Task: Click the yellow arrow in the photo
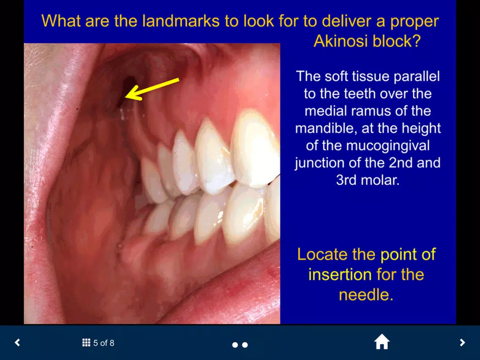[152, 89]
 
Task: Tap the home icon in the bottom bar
[382, 342]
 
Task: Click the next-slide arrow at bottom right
[462, 343]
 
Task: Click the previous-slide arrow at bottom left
[17, 343]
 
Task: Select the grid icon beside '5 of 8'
[86, 343]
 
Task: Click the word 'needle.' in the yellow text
[366, 295]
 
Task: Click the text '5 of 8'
[104, 343]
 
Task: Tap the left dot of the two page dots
[235, 345]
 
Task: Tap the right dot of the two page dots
[245, 345]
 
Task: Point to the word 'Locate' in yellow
[322, 254]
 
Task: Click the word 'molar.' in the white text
[380, 180]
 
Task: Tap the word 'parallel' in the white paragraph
[417, 76]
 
